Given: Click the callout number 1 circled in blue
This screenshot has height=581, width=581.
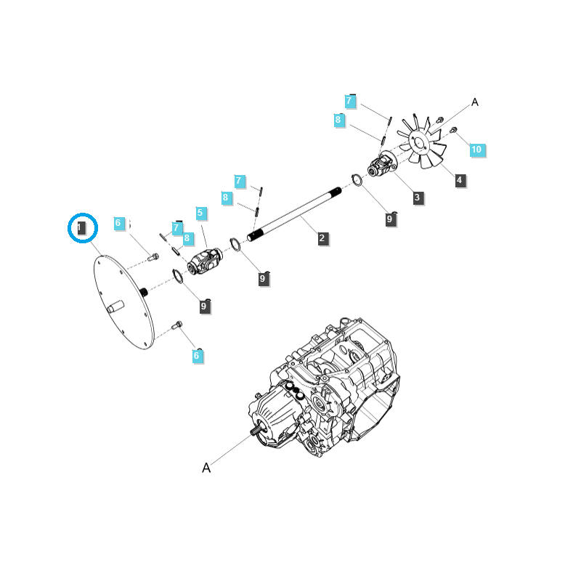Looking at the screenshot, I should (82, 228).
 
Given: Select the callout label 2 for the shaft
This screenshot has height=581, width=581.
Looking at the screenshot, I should (323, 238).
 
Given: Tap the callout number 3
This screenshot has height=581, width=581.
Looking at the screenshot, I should (417, 198).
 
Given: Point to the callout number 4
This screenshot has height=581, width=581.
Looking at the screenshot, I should (460, 180).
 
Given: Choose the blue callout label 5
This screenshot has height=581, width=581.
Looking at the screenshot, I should (201, 214).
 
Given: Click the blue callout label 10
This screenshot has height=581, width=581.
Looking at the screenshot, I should (476, 150).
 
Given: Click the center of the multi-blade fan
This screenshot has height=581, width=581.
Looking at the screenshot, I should (419, 141).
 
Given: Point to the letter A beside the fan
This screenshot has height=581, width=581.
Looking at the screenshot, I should (475, 102).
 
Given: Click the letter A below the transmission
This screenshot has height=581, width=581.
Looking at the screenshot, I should (206, 468).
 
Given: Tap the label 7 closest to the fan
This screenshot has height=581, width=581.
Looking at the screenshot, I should (351, 102).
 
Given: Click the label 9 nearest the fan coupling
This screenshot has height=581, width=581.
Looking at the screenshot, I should (391, 219).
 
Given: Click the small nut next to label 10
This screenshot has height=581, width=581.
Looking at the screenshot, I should (452, 131).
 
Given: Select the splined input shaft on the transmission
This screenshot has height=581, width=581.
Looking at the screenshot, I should (256, 433).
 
